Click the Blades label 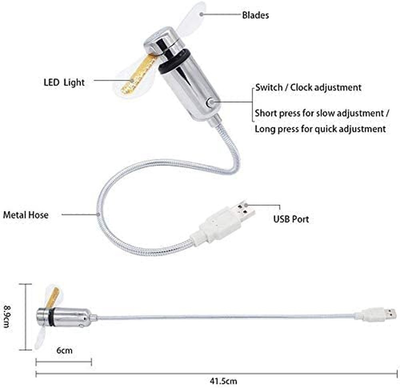255,15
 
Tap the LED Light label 64,83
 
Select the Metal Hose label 26,215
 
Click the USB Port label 291,219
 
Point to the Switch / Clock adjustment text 308,88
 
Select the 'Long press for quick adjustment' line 320,129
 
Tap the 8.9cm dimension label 8,316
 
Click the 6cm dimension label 64,350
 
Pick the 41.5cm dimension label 224,381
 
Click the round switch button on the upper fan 210,102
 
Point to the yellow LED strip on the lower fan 53,298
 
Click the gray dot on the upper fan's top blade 202,14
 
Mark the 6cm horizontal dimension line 64,362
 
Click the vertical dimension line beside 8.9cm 26,316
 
